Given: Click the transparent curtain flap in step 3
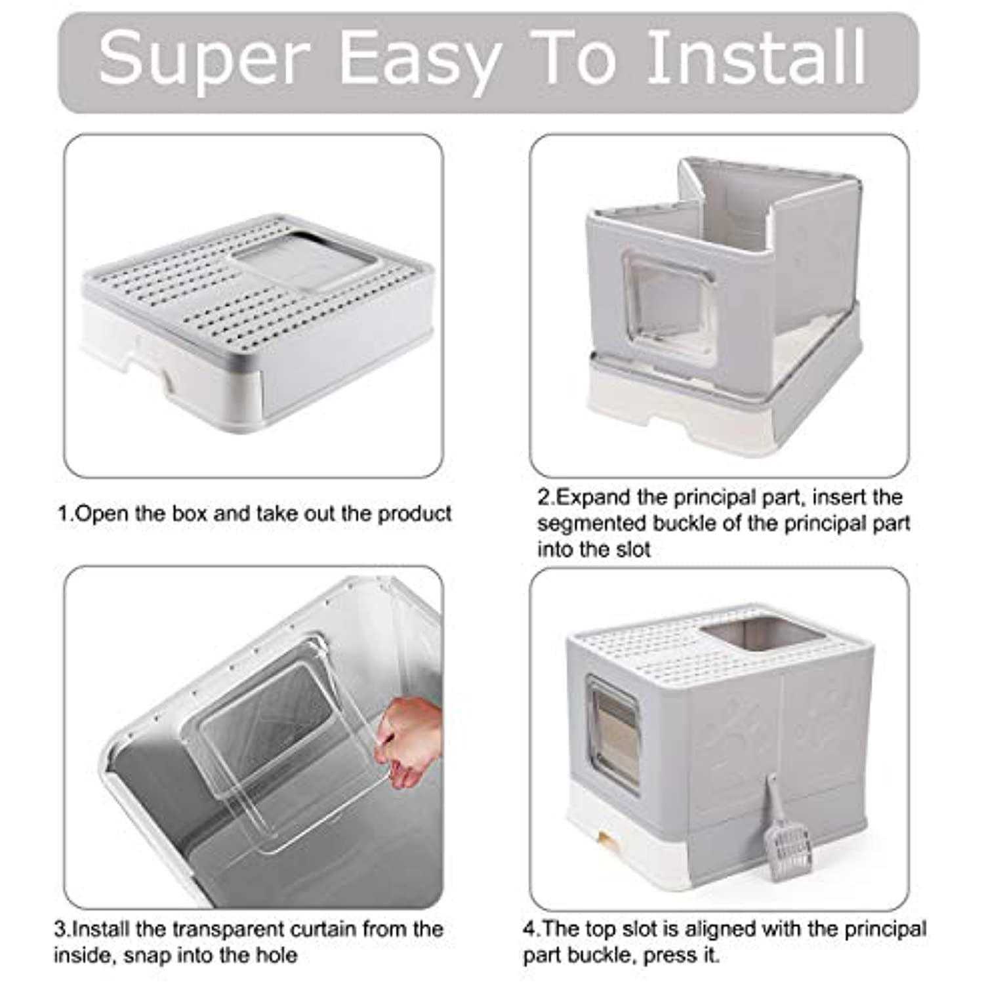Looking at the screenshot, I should click(276, 735).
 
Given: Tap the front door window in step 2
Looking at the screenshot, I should click(669, 308).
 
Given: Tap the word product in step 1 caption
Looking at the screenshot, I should click(414, 513).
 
